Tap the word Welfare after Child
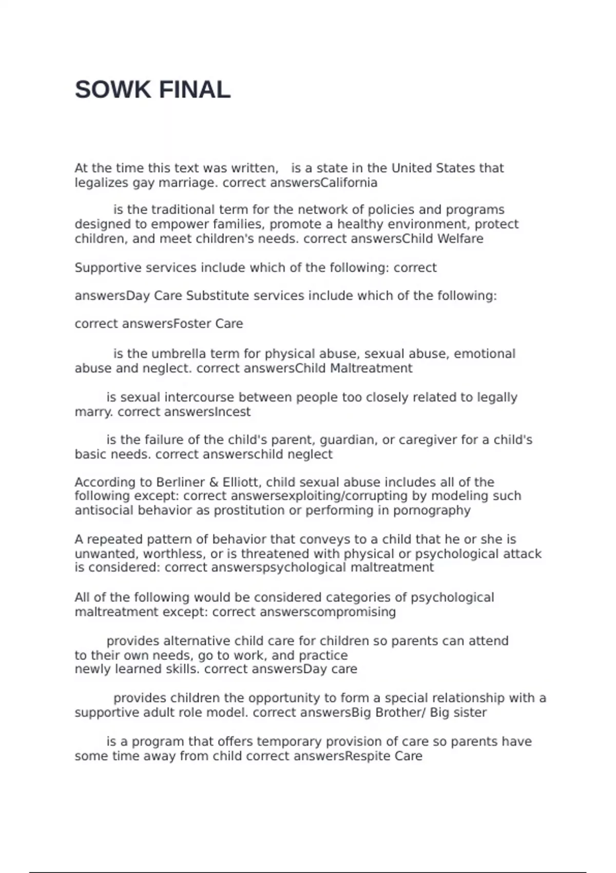click(x=460, y=239)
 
